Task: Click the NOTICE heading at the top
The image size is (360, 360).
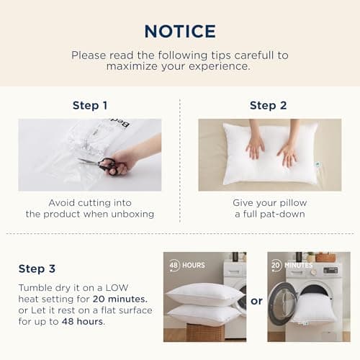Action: (179, 31)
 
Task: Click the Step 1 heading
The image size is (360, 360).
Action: (90, 105)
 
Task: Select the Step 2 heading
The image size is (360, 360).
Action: (268, 105)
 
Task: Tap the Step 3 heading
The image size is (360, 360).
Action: (37, 269)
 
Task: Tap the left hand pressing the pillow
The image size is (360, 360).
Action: (255, 147)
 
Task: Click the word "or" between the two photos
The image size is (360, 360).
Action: (256, 301)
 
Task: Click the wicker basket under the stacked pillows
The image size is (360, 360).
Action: (204, 333)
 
